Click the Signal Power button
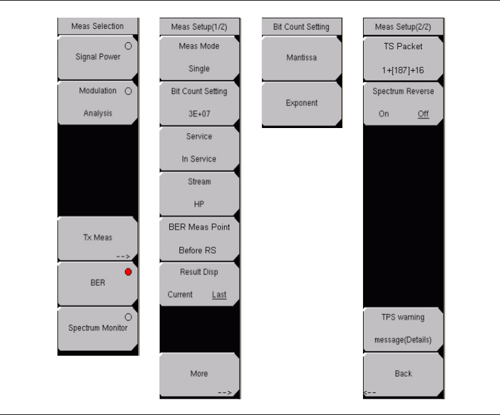click(97, 57)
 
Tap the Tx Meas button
click(97, 238)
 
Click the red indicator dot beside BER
click(128, 272)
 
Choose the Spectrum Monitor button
click(97, 328)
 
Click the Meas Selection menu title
click(98, 26)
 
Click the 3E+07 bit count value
click(199, 114)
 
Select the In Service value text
click(199, 159)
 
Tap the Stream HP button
click(199, 192)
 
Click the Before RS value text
click(199, 250)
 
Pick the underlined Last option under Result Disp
click(219, 295)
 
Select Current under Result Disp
click(180, 295)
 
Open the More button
click(199, 375)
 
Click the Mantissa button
click(302, 57)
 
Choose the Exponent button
click(302, 103)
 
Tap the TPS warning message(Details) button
click(403, 329)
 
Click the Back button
click(403, 374)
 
